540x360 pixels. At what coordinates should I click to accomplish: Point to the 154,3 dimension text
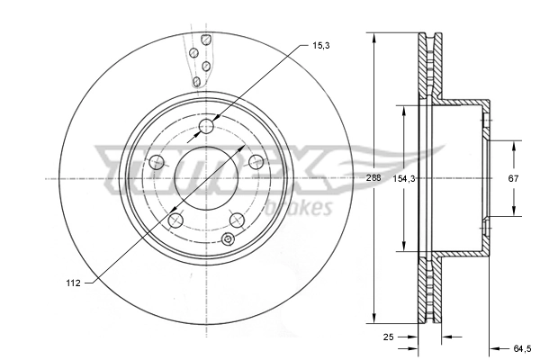[x=405, y=179]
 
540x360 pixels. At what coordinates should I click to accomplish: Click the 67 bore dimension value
[x=513, y=179]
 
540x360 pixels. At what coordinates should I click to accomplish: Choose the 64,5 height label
[x=519, y=346]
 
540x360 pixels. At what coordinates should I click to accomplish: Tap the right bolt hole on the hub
[x=256, y=162]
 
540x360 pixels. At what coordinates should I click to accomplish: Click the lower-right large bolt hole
[x=238, y=220]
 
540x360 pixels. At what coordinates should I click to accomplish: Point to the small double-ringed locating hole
[x=228, y=239]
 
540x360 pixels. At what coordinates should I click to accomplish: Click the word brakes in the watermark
[x=308, y=210]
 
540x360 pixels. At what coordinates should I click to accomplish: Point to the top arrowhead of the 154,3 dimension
[x=404, y=109]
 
